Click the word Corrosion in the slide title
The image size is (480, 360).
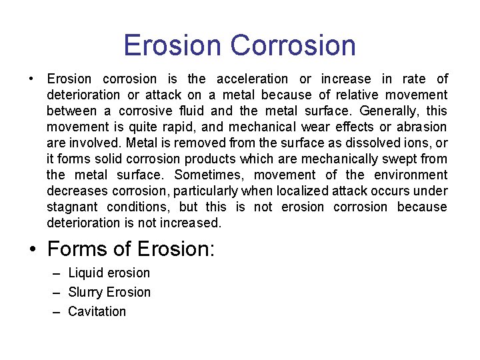click(293, 45)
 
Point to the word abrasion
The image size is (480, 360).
click(423, 127)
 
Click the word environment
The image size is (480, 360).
click(411, 175)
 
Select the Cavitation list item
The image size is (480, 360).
click(97, 311)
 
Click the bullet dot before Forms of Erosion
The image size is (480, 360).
click(33, 249)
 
